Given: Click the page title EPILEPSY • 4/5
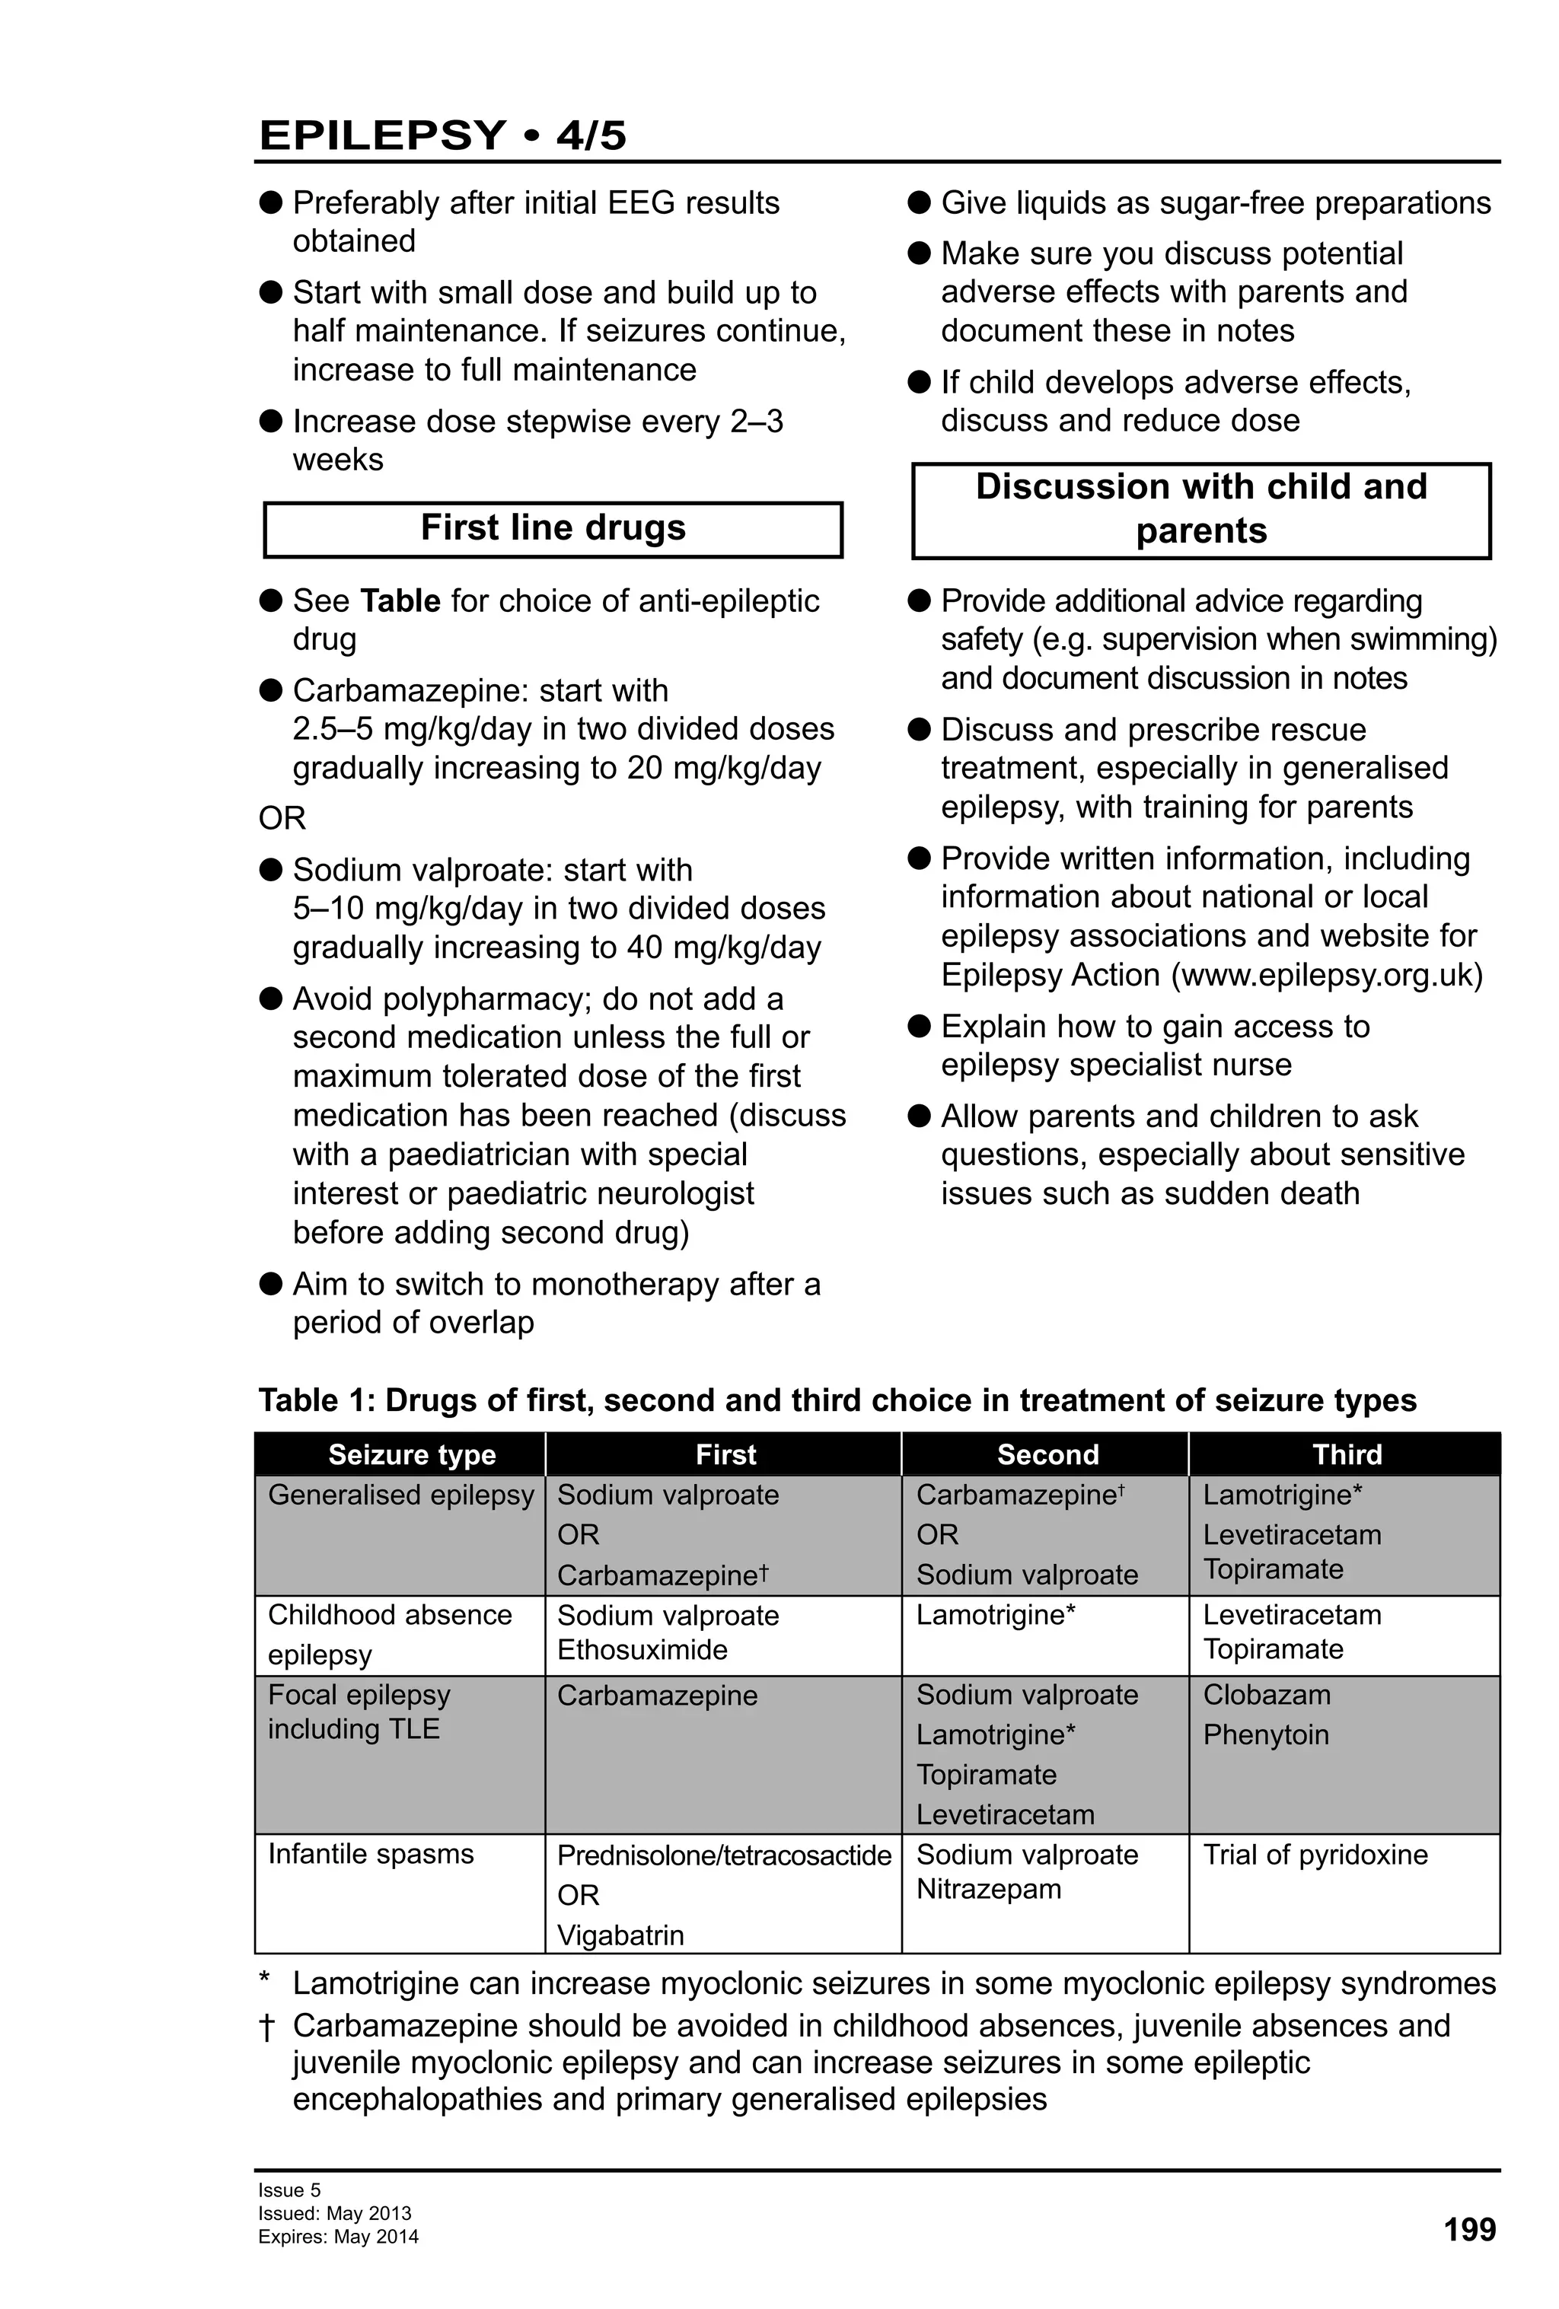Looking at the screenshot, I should [x=442, y=135].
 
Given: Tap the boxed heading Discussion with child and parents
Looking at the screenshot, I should [x=1200, y=508].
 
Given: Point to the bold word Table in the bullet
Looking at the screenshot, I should [x=400, y=601].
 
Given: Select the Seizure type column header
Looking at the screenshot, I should [x=411, y=1454].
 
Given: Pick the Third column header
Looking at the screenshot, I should [x=1347, y=1454].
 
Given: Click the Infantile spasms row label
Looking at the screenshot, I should [x=371, y=1854].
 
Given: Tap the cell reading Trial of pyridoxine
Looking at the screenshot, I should [x=1315, y=1854].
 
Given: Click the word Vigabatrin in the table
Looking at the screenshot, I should [x=620, y=1935].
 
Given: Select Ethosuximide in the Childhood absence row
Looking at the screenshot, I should [x=642, y=1650].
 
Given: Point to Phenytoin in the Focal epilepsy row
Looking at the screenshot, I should [x=1265, y=1734].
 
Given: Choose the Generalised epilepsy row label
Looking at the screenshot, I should [x=400, y=1495].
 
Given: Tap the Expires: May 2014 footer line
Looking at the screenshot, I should [x=338, y=2237].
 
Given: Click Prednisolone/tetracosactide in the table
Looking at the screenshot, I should [x=723, y=1855].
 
